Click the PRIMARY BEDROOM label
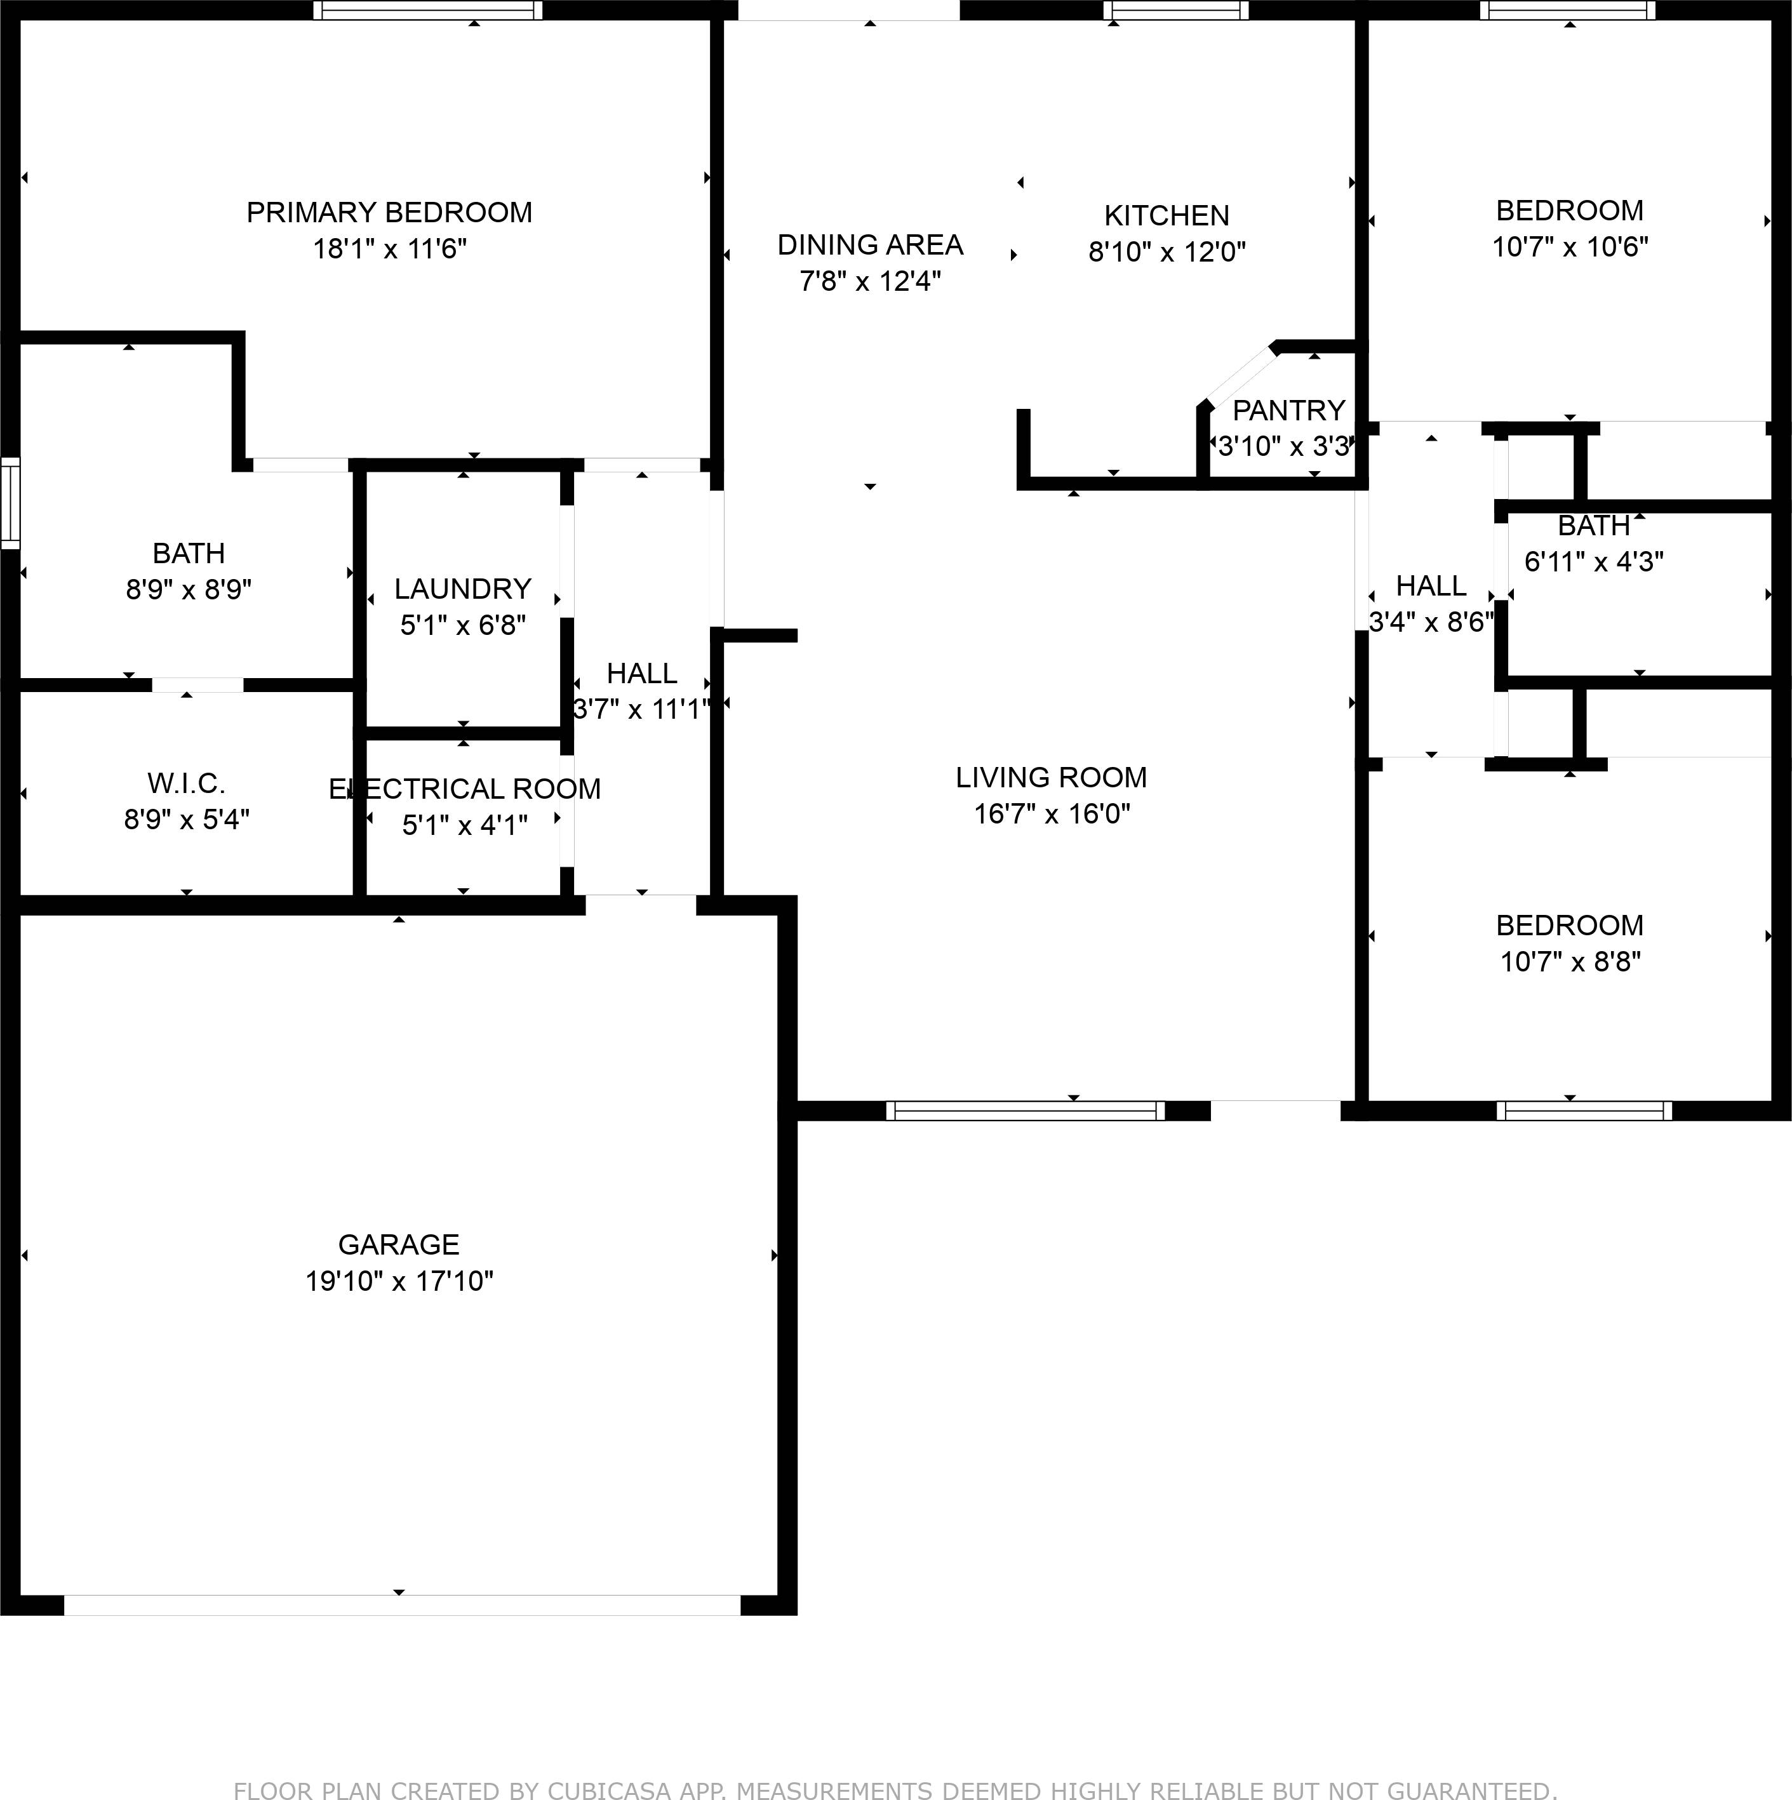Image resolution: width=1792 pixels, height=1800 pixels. pyautogui.click(x=389, y=213)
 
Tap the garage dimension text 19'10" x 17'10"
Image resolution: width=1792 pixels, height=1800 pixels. pyautogui.click(x=399, y=1281)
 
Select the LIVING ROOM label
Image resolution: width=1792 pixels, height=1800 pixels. pyautogui.click(x=1051, y=777)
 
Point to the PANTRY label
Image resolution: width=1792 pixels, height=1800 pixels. pyautogui.click(x=1289, y=410)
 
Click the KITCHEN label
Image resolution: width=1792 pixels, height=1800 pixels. pyautogui.click(x=1167, y=215)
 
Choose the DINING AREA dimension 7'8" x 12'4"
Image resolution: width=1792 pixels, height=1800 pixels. pyautogui.click(x=871, y=281)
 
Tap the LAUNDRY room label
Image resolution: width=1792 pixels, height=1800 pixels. pyautogui.click(x=462, y=589)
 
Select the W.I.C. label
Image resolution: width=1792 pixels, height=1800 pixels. pyautogui.click(x=186, y=783)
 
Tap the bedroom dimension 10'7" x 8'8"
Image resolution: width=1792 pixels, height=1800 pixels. pyautogui.click(x=1570, y=961)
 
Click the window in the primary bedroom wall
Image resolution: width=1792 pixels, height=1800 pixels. pyautogui.click(x=428, y=10)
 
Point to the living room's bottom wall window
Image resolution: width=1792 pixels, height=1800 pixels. pyautogui.click(x=1025, y=1110)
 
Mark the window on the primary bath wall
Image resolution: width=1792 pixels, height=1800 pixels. pyautogui.click(x=10, y=503)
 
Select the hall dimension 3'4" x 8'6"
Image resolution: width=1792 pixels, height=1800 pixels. pyautogui.click(x=1431, y=622)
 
